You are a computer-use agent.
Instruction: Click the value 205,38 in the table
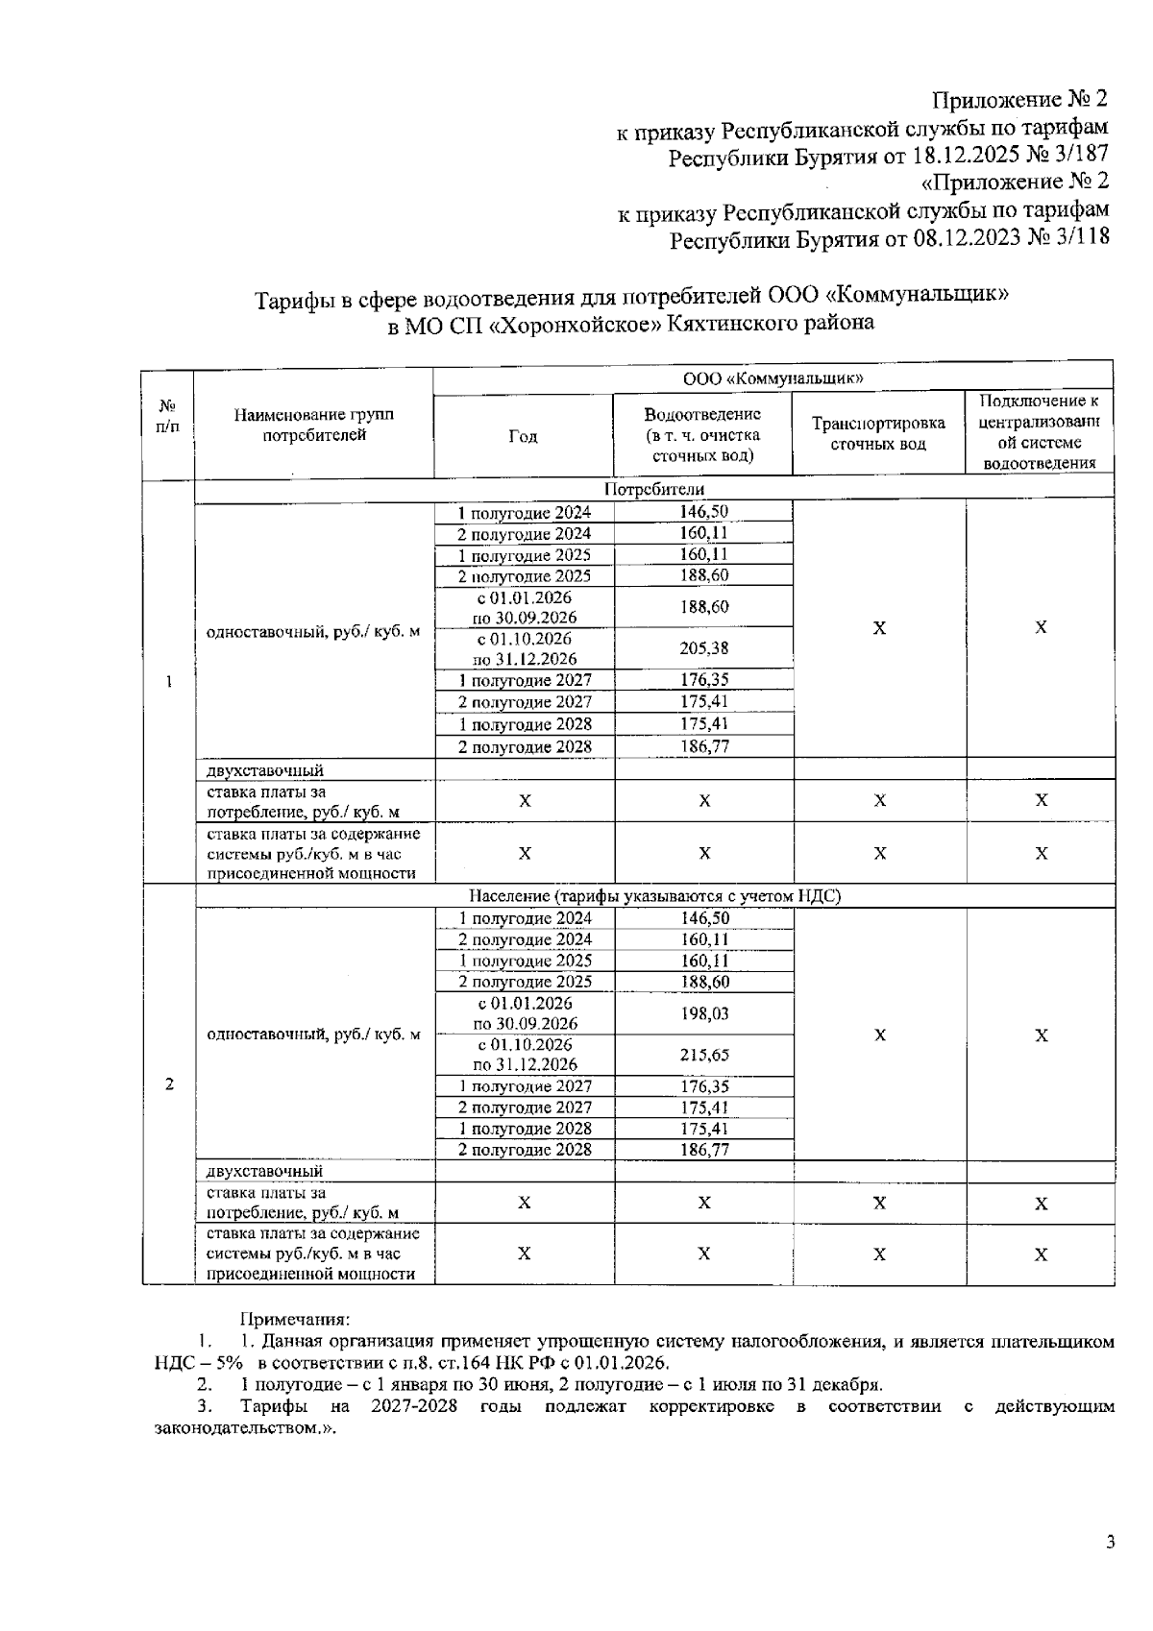[703, 648]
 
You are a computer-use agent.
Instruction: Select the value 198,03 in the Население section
[703, 1013]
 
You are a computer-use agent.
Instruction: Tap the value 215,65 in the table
[703, 1055]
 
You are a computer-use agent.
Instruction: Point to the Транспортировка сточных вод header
[878, 433]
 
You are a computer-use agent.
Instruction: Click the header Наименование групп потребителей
[313, 425]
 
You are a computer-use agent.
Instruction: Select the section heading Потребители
[653, 490]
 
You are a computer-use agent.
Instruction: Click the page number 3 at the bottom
[1111, 1543]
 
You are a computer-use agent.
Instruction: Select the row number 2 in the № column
[169, 1084]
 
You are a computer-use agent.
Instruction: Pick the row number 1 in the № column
[169, 682]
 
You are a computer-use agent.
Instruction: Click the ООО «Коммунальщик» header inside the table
[773, 378]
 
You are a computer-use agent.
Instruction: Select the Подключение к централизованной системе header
[1040, 432]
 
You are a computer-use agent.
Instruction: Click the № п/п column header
[168, 415]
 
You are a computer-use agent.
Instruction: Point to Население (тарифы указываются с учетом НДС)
[653, 896]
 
